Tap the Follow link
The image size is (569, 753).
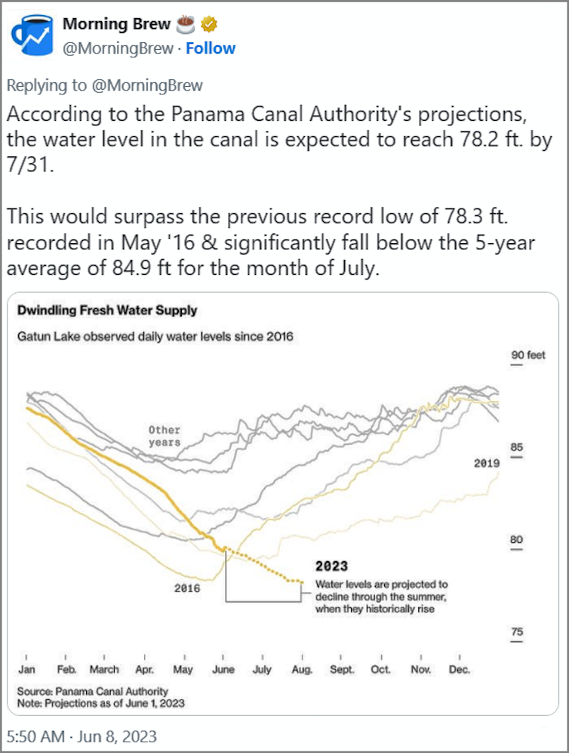coord(211,48)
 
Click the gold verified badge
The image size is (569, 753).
coord(209,24)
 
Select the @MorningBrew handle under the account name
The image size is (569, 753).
coord(117,48)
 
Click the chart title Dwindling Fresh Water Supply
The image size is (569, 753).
coord(106,310)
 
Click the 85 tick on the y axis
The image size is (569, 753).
coord(516,446)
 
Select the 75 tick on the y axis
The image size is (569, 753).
coord(516,631)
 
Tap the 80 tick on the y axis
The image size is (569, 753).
coord(516,539)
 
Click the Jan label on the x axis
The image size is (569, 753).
coord(26,669)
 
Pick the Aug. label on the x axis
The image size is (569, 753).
coord(302,669)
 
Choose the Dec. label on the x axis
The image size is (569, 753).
coord(459,669)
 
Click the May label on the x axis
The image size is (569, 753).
coord(183,669)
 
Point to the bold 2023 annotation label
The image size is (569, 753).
coord(331,566)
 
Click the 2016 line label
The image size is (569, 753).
coord(187,587)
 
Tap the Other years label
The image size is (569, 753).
coord(165,436)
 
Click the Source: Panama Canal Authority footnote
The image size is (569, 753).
coord(93,691)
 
